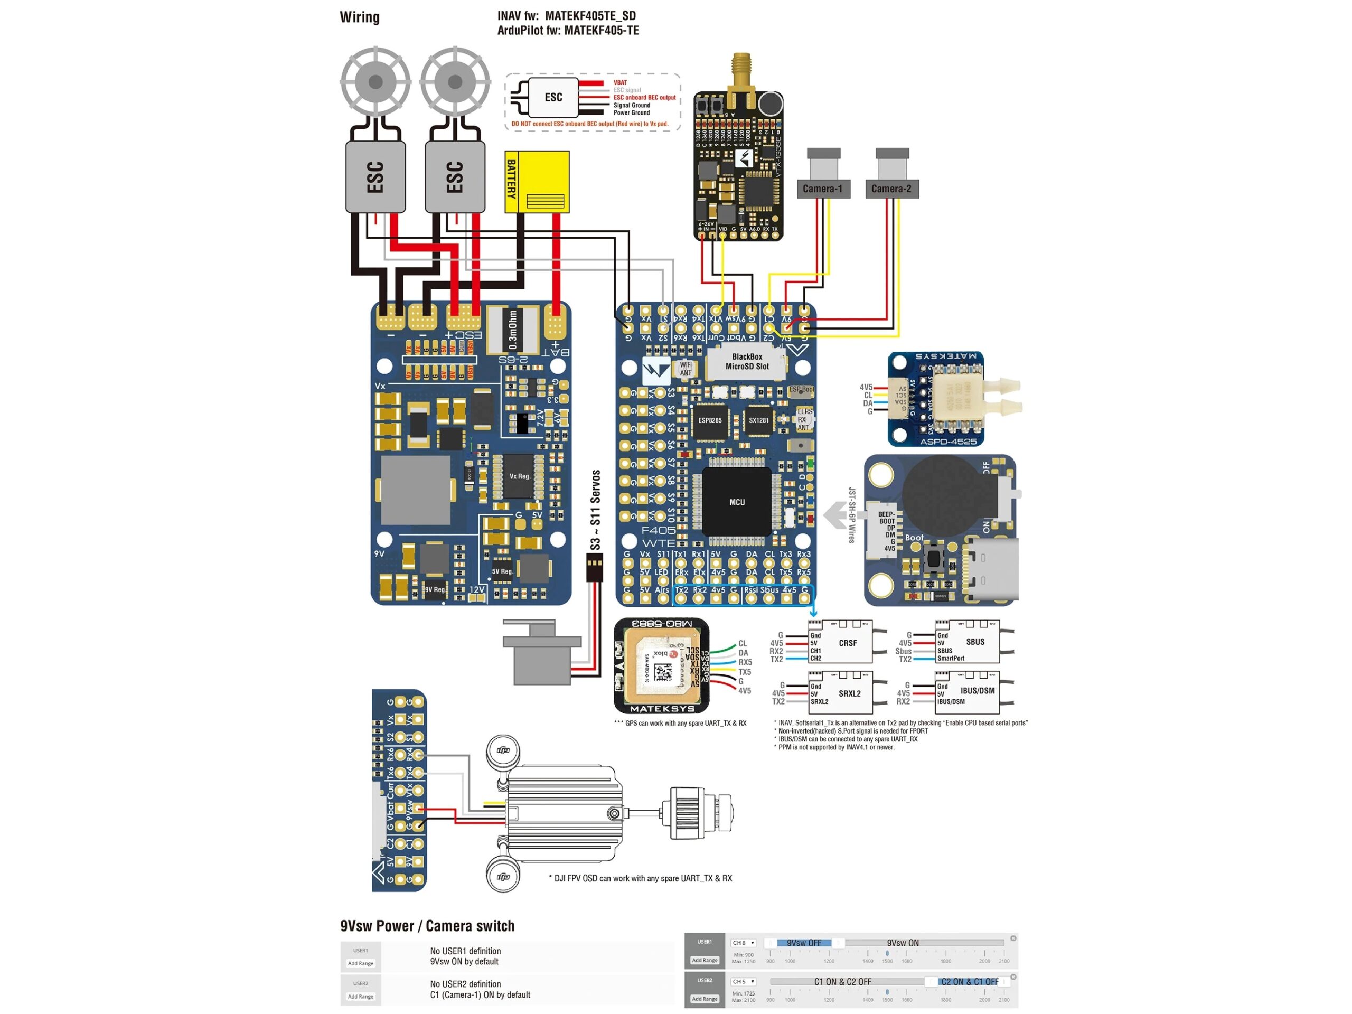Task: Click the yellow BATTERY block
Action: tap(537, 182)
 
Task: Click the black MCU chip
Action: tap(737, 502)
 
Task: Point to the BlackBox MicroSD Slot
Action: tap(746, 362)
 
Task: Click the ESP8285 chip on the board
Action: tap(710, 420)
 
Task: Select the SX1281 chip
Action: tap(758, 420)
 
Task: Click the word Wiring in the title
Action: tap(360, 17)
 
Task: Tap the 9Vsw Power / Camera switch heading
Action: tap(427, 926)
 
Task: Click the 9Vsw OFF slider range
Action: tap(803, 943)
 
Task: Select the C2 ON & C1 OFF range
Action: tap(970, 982)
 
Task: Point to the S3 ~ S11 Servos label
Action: tap(595, 510)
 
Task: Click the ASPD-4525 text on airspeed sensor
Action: tap(948, 442)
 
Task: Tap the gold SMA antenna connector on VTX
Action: tap(741, 70)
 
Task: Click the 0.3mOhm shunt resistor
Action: tap(513, 330)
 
